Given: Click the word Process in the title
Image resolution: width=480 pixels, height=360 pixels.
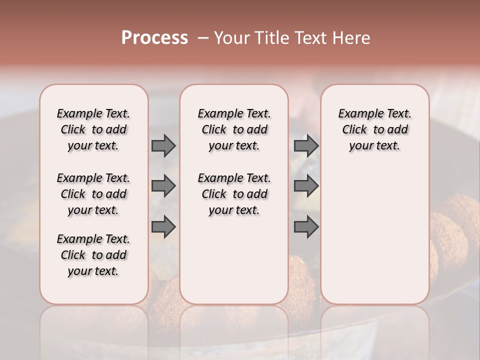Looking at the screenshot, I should coord(154,38).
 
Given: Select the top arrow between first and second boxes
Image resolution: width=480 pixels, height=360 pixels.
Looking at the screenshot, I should coord(163,145).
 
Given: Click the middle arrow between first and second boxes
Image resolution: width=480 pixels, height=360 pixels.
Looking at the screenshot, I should coord(163,186).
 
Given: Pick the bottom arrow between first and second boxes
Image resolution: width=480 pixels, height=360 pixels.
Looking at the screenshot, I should coord(163,227).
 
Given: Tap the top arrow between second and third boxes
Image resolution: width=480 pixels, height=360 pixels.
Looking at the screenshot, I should coord(306,145).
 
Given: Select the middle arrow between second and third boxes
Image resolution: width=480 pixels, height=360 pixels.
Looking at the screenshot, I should coord(306,186).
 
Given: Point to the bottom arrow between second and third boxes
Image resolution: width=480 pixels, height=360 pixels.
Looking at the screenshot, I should coord(306,227).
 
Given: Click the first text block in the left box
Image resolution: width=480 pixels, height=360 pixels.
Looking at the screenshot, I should coord(93,129).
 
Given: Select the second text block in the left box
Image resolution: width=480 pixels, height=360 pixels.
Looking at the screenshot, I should coord(93,194).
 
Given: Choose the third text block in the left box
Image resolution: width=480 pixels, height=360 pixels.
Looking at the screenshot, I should coord(93,255).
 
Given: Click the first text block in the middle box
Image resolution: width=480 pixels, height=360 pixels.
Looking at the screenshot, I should coord(234,129).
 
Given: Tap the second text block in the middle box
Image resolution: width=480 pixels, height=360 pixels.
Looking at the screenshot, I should coord(234,194).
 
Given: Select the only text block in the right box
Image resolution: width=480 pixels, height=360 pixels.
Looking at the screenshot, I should coord(374,129).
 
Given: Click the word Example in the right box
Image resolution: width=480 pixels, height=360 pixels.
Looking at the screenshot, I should coord(358,114).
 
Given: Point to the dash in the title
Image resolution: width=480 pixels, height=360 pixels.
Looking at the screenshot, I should coord(202,38).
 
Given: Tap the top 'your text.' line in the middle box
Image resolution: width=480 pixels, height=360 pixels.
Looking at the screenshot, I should coord(234,146).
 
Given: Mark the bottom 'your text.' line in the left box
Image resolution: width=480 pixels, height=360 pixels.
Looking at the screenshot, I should coord(93,271).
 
